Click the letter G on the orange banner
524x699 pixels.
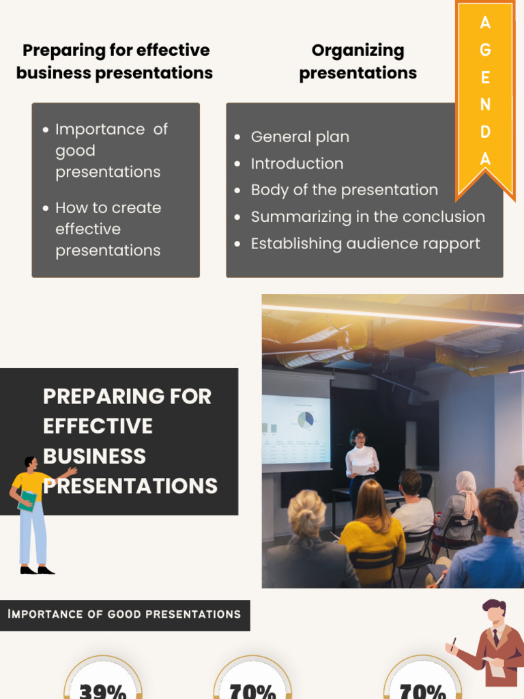click(485, 50)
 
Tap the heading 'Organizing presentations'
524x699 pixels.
click(358, 61)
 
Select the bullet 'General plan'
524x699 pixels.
click(300, 137)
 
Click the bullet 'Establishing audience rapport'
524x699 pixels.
click(365, 244)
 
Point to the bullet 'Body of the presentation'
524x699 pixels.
click(344, 190)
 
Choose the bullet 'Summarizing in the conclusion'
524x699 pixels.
click(368, 217)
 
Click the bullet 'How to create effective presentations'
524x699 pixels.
click(108, 229)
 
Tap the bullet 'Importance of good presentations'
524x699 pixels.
click(111, 150)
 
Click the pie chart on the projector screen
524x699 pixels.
click(305, 419)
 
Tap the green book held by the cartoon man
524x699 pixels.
click(27, 500)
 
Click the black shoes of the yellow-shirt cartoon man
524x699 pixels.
click(37, 570)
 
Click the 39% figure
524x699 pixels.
click(103, 689)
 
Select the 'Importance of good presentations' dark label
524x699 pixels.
click(124, 614)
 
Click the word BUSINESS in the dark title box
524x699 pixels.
click(94, 456)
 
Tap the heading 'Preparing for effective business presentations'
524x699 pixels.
click(115, 61)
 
